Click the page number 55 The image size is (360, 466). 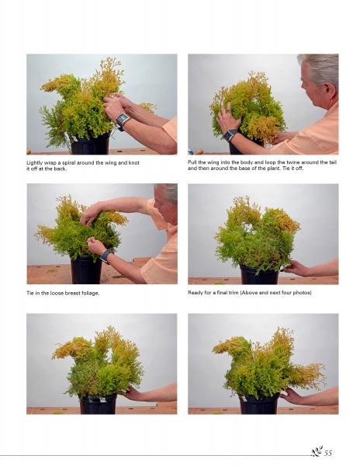(328, 453)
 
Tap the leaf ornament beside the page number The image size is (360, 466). (317, 451)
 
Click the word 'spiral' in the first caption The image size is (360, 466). (68, 163)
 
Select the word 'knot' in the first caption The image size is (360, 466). (134, 162)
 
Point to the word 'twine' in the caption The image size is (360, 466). (292, 162)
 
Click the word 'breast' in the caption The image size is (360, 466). (70, 293)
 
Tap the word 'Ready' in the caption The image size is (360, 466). (195, 293)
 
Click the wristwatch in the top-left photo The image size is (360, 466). (123, 120)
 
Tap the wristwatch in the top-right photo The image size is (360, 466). (230, 135)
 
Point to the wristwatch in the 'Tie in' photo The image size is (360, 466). (106, 256)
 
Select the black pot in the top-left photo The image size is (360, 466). (91, 144)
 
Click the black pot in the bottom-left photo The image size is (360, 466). (99, 404)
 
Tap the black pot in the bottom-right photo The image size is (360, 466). (259, 404)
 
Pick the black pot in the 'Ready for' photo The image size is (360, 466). (259, 274)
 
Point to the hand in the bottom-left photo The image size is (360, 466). (133, 393)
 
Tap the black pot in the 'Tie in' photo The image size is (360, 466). (86, 270)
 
